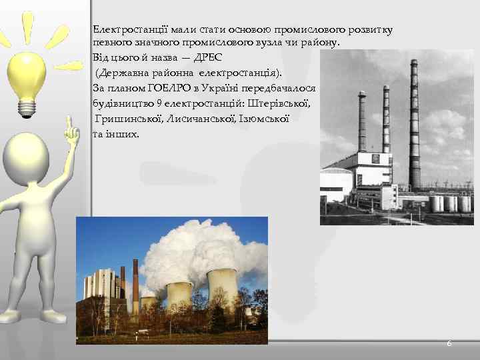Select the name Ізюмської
pos(265,119)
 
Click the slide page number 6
pos(449,343)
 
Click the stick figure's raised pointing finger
pos(68,124)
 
